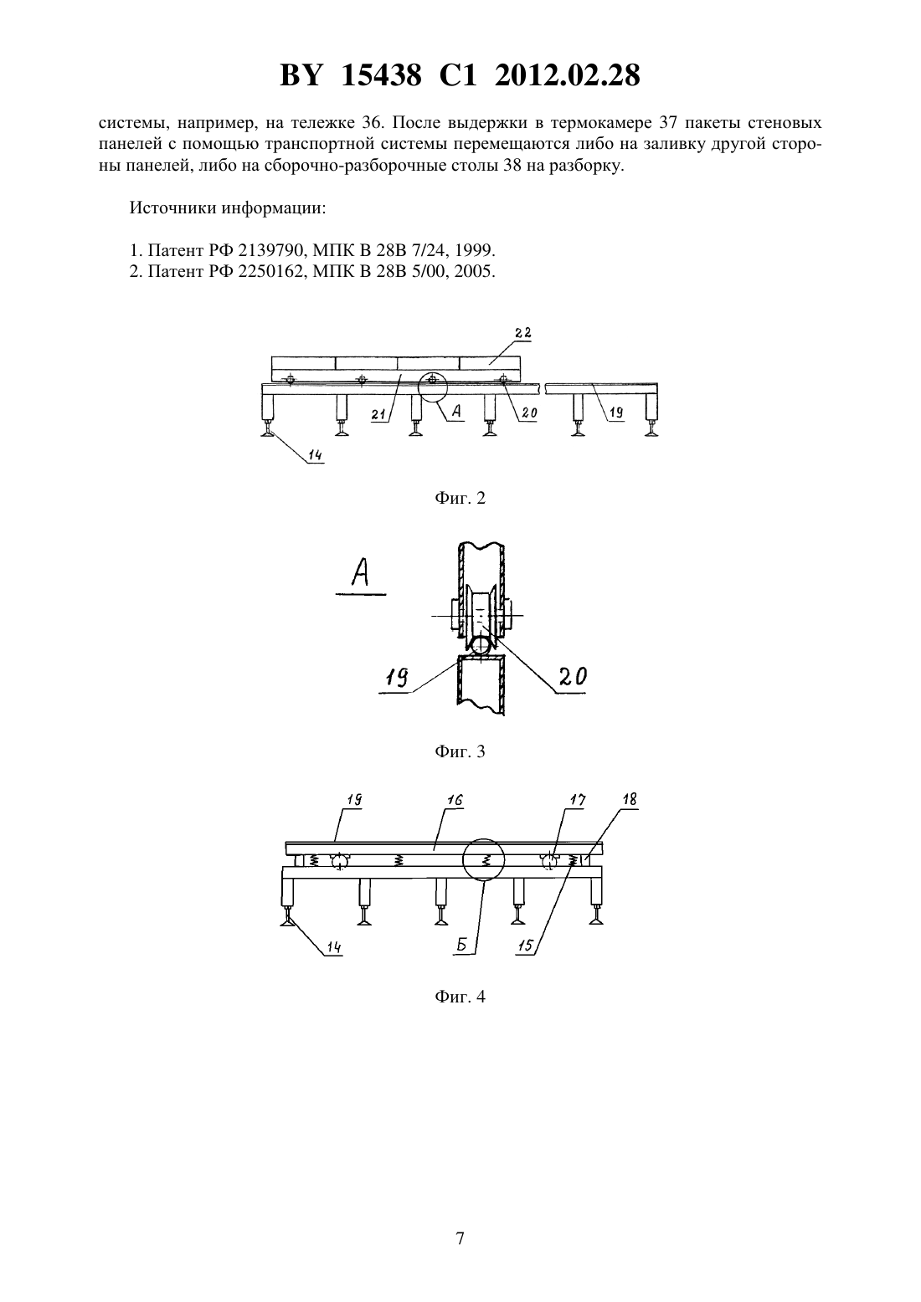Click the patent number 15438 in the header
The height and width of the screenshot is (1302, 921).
(x=381, y=75)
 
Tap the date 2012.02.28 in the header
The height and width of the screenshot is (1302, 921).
(x=567, y=75)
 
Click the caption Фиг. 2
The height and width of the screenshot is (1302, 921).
(x=460, y=498)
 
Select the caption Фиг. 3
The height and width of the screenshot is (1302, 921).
(x=460, y=751)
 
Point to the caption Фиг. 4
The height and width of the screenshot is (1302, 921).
(x=460, y=997)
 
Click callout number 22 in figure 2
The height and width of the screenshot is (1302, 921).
(x=522, y=333)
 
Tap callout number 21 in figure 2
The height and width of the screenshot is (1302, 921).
(x=379, y=414)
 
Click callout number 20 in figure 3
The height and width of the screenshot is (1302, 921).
(x=573, y=676)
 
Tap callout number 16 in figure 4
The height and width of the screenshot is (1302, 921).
(x=454, y=801)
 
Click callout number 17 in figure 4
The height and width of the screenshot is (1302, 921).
(x=578, y=801)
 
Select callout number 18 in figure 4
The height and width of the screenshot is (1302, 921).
(x=629, y=799)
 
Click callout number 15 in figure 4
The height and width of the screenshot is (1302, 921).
(x=524, y=946)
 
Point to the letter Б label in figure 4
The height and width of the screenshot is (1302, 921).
(x=461, y=945)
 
